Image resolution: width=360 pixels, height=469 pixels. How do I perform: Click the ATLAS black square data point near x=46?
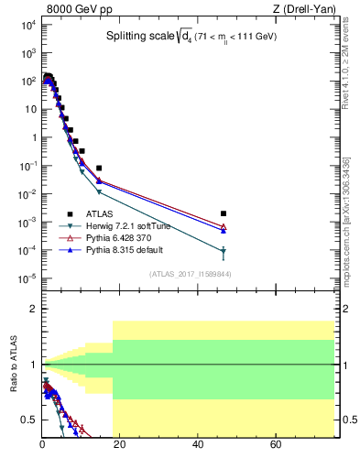tap(224, 213)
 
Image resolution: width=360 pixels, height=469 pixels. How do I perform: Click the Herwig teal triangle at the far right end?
tap(224, 252)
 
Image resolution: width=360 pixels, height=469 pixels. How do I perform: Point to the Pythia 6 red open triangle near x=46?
tap(224, 226)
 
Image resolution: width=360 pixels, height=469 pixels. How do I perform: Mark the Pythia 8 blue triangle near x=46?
tap(224, 231)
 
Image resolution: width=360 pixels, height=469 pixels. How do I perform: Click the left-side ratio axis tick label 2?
tap(32, 310)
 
